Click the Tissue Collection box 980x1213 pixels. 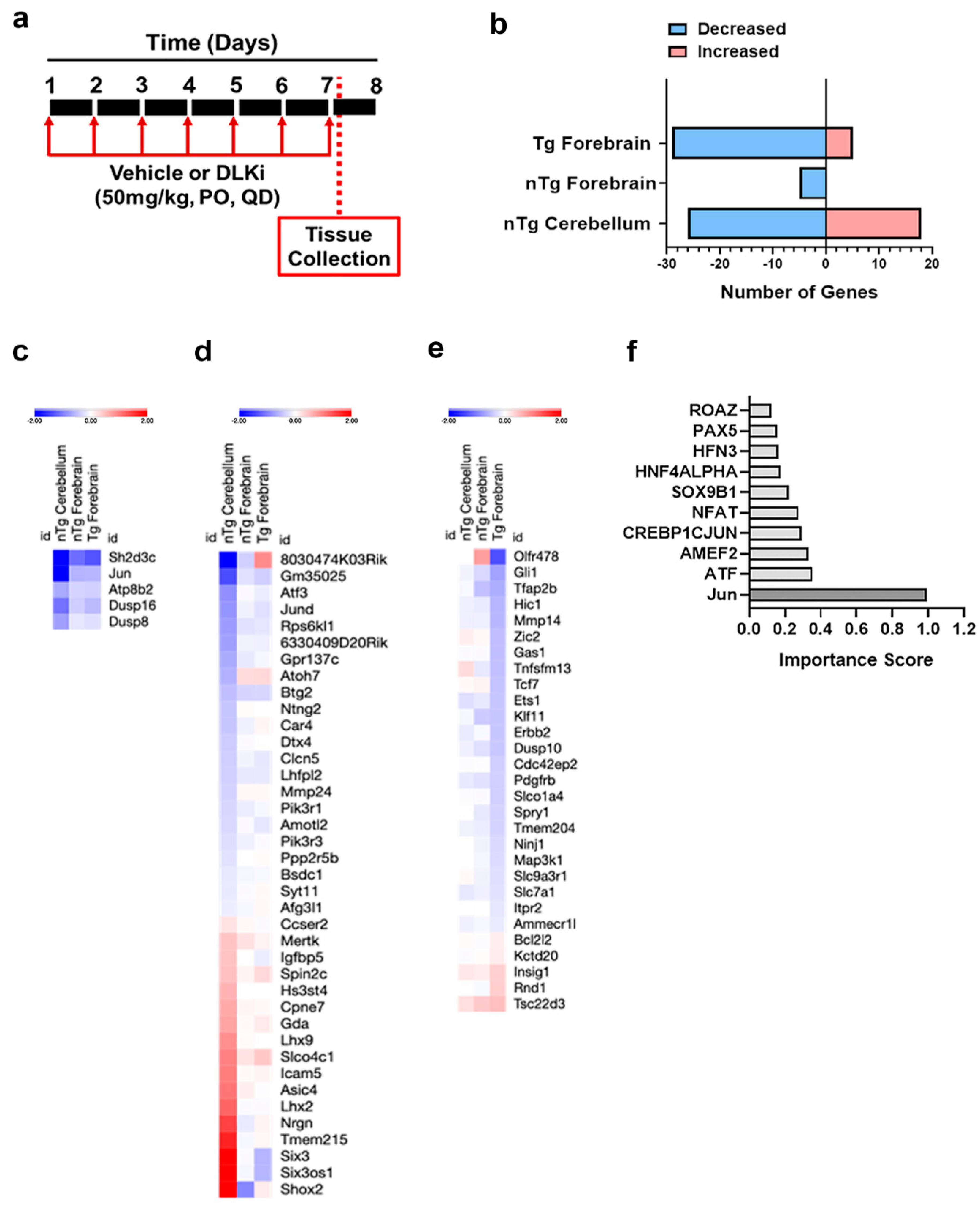tap(339, 246)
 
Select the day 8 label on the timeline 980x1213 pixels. tap(376, 86)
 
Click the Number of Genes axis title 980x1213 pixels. tap(799, 292)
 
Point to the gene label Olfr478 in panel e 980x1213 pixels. tap(536, 556)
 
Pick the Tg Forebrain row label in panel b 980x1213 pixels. tap(592, 143)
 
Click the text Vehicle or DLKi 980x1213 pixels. tap(187, 173)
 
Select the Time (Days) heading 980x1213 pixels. tap(212, 43)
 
